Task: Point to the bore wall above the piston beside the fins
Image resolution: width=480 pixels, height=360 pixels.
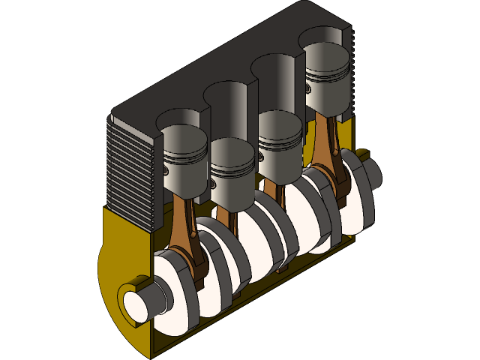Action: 180,119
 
